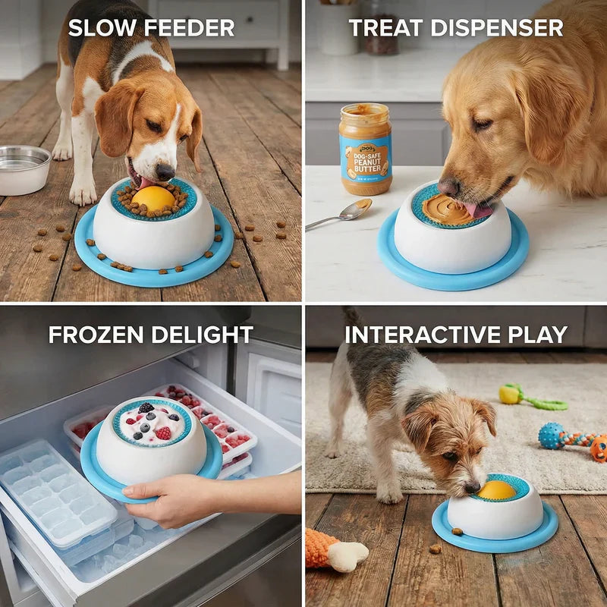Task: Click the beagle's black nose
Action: pos(165,171)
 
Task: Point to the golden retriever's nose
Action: pos(448,186)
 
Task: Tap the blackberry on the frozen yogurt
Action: pos(146,408)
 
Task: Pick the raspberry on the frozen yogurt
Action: pos(163,432)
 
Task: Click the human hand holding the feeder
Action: pos(163,498)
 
